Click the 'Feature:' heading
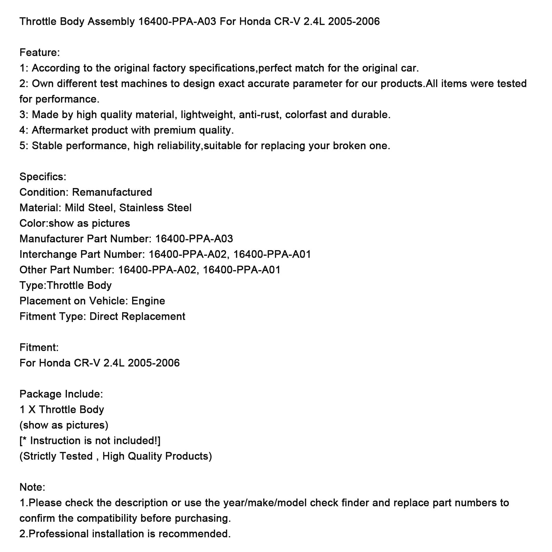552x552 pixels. (x=40, y=52)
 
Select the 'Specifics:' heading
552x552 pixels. (x=43, y=177)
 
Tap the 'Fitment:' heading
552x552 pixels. (x=39, y=347)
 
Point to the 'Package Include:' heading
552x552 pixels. (x=61, y=394)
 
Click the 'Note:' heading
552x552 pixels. (x=32, y=487)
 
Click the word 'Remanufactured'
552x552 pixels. (x=112, y=192)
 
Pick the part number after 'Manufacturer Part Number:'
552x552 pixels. (x=194, y=239)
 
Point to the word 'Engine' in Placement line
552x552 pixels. (x=148, y=301)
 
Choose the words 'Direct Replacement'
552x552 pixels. (x=137, y=316)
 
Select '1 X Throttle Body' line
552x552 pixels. (x=62, y=410)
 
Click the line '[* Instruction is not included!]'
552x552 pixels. (x=90, y=441)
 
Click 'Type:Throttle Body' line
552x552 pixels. (x=66, y=285)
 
